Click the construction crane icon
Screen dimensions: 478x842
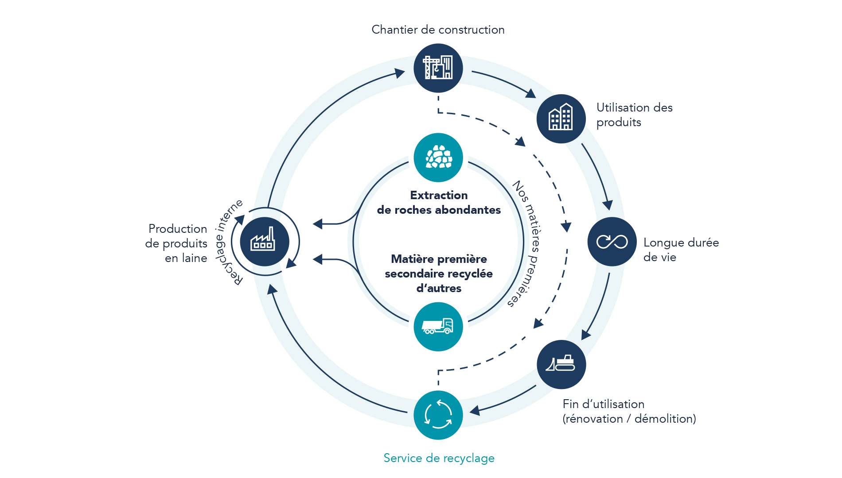(438, 68)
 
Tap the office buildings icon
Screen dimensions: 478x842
(561, 118)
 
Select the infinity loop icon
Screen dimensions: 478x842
(612, 242)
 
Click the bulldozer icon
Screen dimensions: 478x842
(561, 364)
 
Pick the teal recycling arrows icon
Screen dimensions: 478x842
(438, 415)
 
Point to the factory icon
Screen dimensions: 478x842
(264, 242)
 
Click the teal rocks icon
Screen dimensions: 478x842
(438, 158)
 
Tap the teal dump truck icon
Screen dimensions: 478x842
(438, 327)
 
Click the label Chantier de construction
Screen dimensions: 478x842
(438, 30)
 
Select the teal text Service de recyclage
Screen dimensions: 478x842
(439, 458)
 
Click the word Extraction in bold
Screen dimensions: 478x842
(439, 195)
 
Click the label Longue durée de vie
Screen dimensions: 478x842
(681, 250)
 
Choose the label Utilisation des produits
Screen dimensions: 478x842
(634, 115)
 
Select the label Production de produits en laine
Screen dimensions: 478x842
(177, 243)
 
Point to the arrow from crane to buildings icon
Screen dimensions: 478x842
(505, 82)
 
